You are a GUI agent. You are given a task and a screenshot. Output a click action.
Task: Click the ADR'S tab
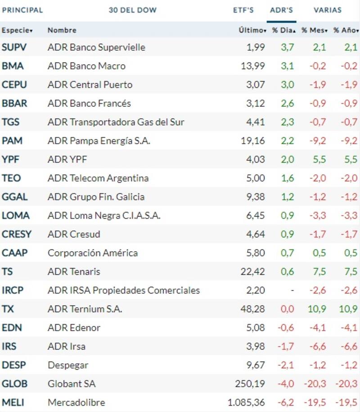click(x=281, y=10)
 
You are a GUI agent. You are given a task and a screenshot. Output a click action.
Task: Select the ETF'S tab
click(x=243, y=10)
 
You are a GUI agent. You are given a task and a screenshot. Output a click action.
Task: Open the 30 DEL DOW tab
click(x=132, y=10)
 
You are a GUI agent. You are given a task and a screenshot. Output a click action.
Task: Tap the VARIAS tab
click(x=328, y=10)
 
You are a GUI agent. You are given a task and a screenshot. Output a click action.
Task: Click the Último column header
click(x=252, y=30)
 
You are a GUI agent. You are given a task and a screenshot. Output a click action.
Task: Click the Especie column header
click(x=17, y=30)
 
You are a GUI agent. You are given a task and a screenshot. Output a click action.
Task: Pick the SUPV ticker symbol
click(x=14, y=47)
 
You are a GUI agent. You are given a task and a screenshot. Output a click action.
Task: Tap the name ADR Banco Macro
click(x=86, y=66)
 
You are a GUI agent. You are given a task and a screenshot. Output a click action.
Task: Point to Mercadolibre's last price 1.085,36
click(x=247, y=402)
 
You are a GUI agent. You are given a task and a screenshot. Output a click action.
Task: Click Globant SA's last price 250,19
click(x=250, y=384)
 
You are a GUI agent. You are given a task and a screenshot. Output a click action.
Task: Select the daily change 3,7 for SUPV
click(x=288, y=47)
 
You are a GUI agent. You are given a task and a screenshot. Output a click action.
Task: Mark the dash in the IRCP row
click(x=292, y=290)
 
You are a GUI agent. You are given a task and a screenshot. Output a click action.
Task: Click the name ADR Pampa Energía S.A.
click(x=99, y=141)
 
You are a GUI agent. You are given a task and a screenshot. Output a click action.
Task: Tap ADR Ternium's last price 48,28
click(x=254, y=309)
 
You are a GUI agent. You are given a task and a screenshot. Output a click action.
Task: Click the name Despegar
click(x=68, y=365)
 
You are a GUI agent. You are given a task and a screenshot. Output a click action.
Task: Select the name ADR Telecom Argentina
click(x=98, y=178)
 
